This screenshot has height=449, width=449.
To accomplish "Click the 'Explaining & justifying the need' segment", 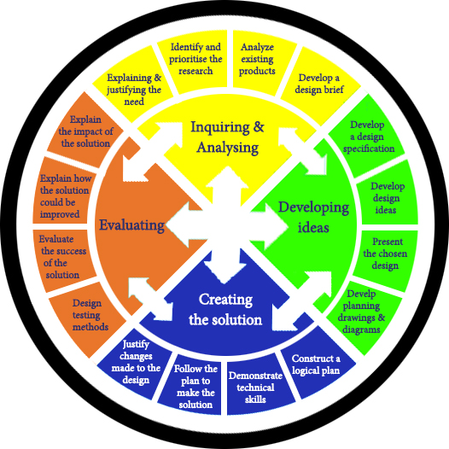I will (x=131, y=82).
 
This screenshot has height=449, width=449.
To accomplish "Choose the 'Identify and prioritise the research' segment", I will (x=196, y=59).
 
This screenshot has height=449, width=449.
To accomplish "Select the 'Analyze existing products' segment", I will (x=258, y=59).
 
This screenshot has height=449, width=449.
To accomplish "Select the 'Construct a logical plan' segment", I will (x=316, y=365).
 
